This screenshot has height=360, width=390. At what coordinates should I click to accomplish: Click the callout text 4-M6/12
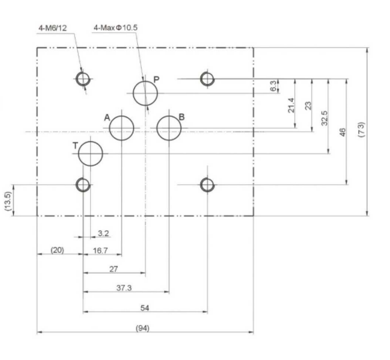[52, 28]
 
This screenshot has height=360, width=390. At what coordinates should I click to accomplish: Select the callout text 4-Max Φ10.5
[116, 28]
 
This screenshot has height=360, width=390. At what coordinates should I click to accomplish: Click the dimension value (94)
[143, 328]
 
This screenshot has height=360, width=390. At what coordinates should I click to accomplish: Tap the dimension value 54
[145, 308]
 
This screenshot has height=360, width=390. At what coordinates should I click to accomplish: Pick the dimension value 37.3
[124, 288]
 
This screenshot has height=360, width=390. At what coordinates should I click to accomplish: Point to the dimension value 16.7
[100, 251]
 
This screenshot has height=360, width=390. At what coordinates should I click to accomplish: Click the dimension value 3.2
[103, 234]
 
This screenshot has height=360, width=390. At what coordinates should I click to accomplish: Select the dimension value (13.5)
[8, 201]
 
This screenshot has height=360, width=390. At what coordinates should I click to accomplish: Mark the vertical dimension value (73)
[361, 130]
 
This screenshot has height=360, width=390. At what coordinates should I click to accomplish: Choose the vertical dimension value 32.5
[324, 118]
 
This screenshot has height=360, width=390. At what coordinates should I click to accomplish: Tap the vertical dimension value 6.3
[274, 86]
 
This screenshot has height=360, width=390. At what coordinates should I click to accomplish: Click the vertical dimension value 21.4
[291, 105]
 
